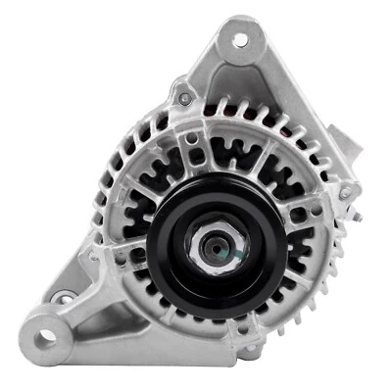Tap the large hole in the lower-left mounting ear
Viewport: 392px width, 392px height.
[x=46, y=338]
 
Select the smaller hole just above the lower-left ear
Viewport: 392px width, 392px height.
[x=64, y=298]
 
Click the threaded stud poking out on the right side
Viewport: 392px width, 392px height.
[x=345, y=193]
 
